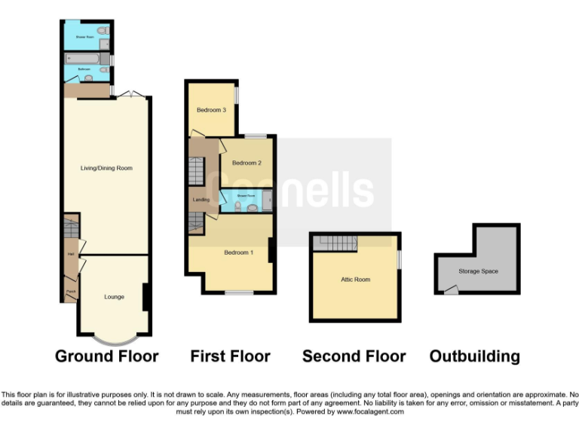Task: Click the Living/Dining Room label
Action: click(x=106, y=168)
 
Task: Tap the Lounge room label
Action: click(x=114, y=297)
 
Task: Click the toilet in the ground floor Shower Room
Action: click(x=103, y=31)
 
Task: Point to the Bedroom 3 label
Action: click(x=211, y=110)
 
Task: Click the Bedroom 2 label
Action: click(x=247, y=163)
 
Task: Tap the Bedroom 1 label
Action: click(x=238, y=252)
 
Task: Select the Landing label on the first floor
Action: click(x=201, y=200)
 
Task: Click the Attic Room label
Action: click(x=355, y=280)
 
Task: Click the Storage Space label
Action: click(x=478, y=271)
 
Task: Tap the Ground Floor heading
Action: click(x=106, y=356)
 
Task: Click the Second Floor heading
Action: click(x=354, y=356)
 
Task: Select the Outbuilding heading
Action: click(x=474, y=356)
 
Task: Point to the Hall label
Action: click(x=70, y=254)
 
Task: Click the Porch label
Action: click(x=70, y=292)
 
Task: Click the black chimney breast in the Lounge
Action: click(x=146, y=297)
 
